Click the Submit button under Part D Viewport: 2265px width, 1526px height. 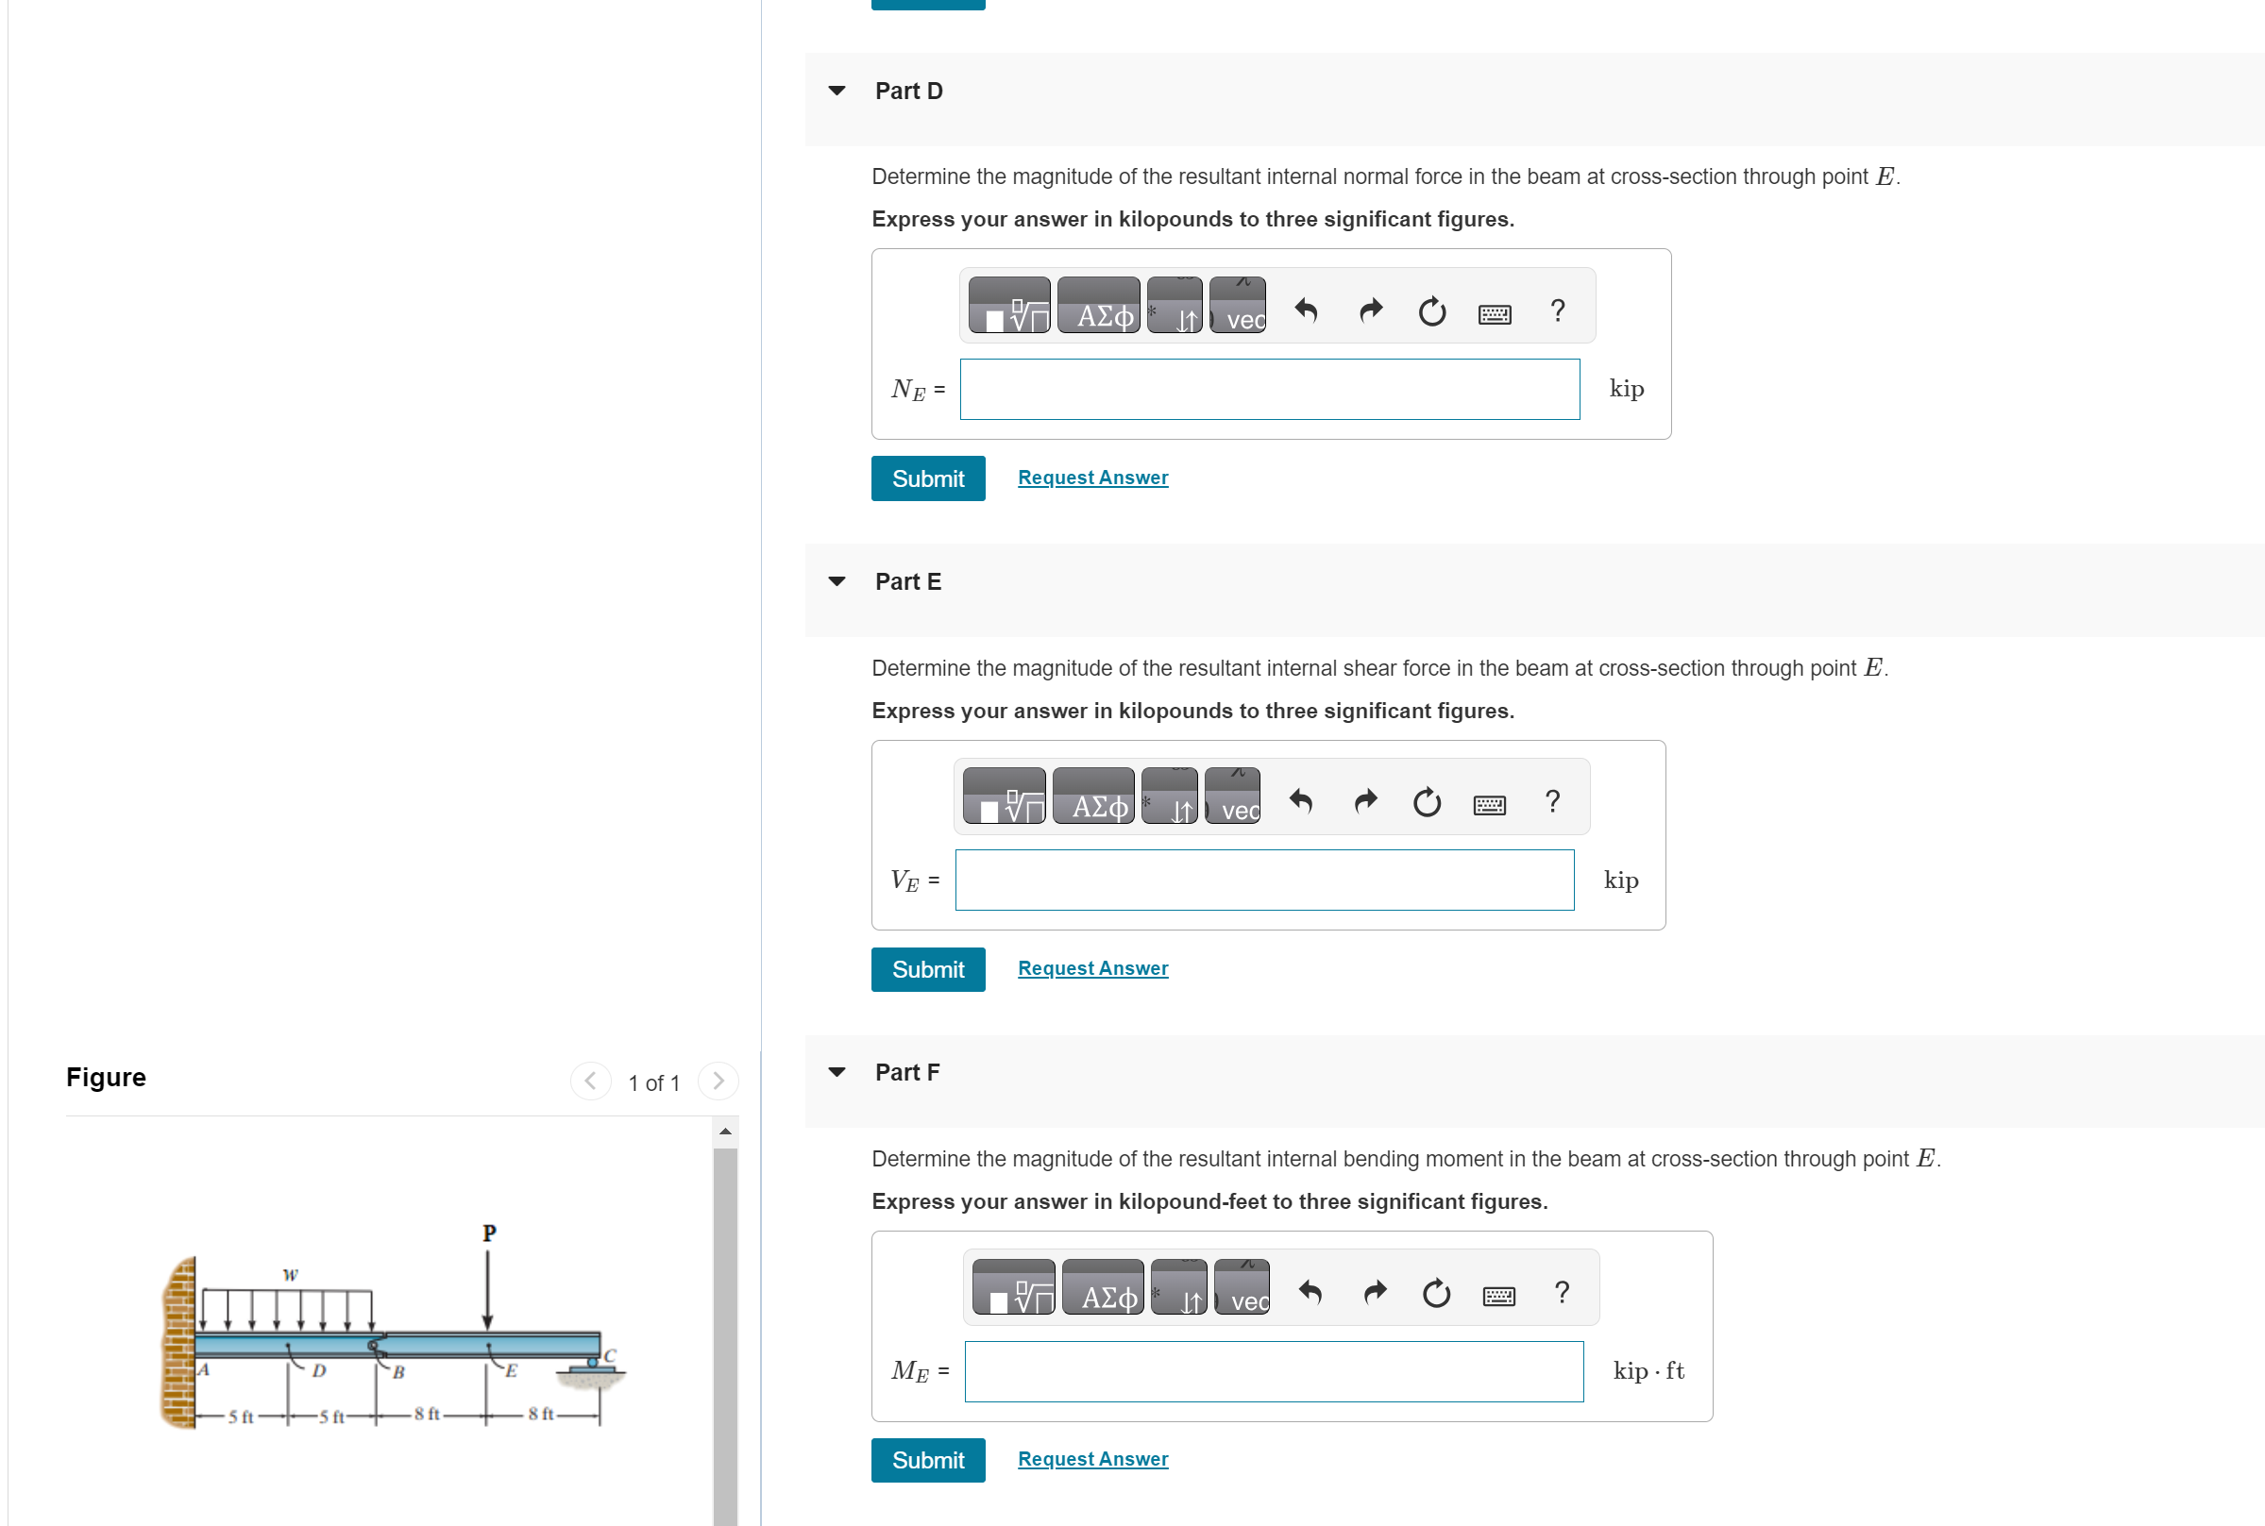pyautogui.click(x=926, y=478)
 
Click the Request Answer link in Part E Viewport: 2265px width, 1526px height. pyautogui.click(x=1092, y=968)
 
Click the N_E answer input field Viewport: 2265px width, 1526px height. pyautogui.click(x=1268, y=389)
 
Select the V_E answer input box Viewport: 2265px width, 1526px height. pyautogui.click(x=1263, y=880)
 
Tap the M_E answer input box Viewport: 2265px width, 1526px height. pyautogui.click(x=1273, y=1371)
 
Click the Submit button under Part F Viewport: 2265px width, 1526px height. pyautogui.click(x=926, y=1460)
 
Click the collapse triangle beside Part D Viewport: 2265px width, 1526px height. pyautogui.click(x=837, y=91)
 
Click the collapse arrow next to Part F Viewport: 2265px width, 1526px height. pyautogui.click(x=837, y=1071)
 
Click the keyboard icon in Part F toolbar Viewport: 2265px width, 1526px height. pyautogui.click(x=1498, y=1296)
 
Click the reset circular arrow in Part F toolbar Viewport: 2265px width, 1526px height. pyautogui.click(x=1436, y=1294)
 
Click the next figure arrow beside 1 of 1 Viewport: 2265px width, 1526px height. pyautogui.click(x=718, y=1082)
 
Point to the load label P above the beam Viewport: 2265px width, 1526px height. pyautogui.click(x=489, y=1233)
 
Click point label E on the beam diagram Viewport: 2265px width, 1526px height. pyautogui.click(x=511, y=1370)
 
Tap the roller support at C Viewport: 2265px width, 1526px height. pyautogui.click(x=592, y=1367)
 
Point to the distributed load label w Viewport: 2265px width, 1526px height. pyautogui.click(x=290, y=1275)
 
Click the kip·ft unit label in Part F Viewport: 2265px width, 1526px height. pyautogui.click(x=1647, y=1371)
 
